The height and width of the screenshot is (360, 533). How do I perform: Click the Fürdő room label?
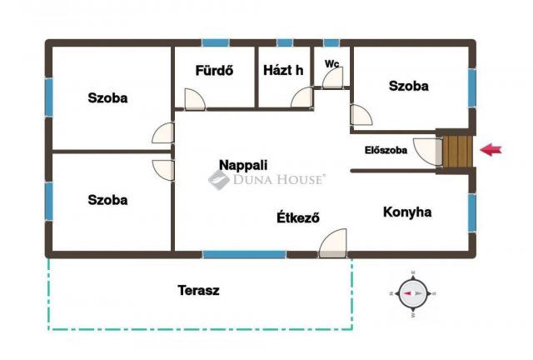coord(214,71)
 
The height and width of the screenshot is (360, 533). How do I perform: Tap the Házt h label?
coord(283,71)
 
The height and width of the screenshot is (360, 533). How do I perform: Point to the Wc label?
coord(331,63)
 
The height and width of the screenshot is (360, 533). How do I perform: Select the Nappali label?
coord(243,165)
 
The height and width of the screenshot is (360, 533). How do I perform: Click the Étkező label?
coord(298,217)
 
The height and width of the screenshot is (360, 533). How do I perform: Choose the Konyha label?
coord(407,212)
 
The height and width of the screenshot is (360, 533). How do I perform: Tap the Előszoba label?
coord(386,150)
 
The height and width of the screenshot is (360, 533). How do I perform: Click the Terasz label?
coord(198,290)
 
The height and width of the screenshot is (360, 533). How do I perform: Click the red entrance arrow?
coord(491,150)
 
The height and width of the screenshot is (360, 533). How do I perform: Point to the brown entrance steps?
coord(457,152)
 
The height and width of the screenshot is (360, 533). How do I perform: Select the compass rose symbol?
coord(413,293)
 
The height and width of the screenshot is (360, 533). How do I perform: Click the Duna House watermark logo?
coord(266,179)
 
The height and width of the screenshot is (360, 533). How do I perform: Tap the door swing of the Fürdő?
coord(195,99)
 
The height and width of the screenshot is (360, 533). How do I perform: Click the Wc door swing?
coord(333,78)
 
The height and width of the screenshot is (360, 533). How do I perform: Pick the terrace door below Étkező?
coord(333,243)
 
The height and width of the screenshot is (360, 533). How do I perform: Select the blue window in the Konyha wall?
coord(472,213)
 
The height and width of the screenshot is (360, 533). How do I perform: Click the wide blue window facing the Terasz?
coord(244,254)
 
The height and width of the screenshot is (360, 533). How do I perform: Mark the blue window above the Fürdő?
coord(216,42)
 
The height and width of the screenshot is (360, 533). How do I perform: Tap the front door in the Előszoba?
coord(428,152)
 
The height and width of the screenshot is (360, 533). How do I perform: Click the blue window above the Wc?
coord(331,42)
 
